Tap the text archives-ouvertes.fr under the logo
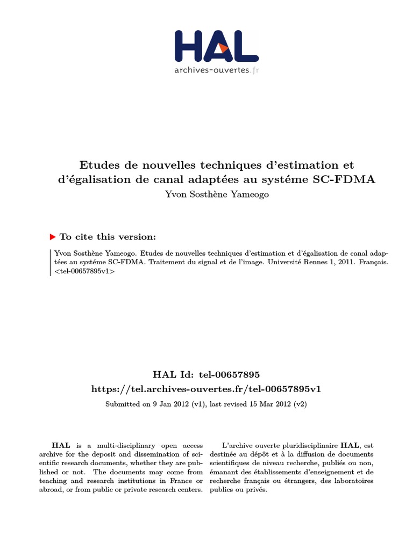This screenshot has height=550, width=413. click(216, 70)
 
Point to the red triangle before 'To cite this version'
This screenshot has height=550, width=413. click(53, 237)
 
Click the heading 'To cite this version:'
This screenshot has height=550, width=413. click(108, 237)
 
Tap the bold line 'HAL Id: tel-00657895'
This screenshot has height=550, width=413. click(206, 374)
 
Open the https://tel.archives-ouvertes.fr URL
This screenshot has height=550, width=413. click(206, 388)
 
